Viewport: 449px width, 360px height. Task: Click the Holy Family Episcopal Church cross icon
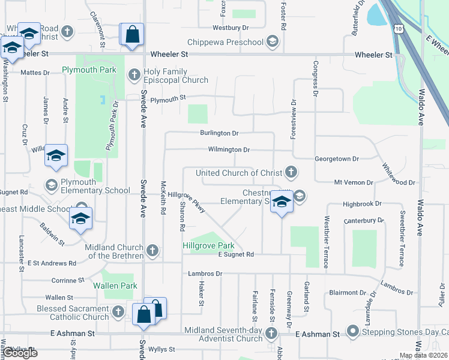(x=134, y=74)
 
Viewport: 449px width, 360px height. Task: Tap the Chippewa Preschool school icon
(x=273, y=41)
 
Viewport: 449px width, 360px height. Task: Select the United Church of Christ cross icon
(x=291, y=173)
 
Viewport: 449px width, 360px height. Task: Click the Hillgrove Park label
(x=208, y=245)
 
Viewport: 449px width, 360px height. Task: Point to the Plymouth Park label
(x=89, y=70)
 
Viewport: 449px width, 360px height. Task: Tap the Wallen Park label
(x=115, y=286)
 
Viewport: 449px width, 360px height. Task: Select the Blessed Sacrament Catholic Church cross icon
(x=118, y=311)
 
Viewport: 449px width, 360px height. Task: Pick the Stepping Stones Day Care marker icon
(x=352, y=331)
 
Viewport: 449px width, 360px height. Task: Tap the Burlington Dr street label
(x=219, y=133)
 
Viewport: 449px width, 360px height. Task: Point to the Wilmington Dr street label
(x=229, y=149)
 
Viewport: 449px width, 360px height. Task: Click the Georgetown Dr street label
(x=337, y=159)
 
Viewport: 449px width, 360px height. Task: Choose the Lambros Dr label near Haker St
(x=205, y=274)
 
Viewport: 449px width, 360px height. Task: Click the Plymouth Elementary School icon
(x=51, y=184)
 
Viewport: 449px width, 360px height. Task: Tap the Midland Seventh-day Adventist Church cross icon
(x=271, y=333)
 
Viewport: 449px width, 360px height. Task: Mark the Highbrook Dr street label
(x=362, y=204)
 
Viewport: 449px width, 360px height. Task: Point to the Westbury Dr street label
(x=231, y=28)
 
